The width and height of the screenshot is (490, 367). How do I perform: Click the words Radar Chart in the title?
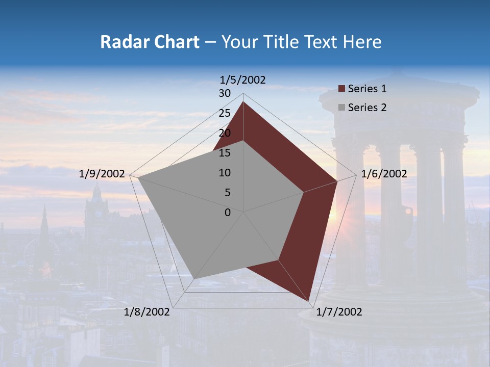[150, 42]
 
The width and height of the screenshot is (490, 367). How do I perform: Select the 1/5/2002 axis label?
[243, 80]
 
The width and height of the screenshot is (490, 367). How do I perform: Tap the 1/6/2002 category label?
[384, 174]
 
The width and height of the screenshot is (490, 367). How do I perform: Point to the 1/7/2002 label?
[339, 312]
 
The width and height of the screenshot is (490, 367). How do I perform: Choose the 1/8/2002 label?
[147, 312]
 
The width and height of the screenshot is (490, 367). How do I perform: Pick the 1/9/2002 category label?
[102, 174]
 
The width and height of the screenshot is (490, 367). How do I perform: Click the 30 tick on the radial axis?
[225, 93]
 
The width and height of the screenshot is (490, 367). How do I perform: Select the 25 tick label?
[225, 113]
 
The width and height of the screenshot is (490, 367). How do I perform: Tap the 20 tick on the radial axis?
[225, 133]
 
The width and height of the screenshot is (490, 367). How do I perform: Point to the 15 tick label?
[225, 153]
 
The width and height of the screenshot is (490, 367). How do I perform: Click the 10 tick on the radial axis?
[225, 173]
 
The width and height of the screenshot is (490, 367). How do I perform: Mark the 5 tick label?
[227, 193]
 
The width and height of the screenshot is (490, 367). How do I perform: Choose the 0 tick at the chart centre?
[228, 213]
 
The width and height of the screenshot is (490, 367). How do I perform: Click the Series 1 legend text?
[367, 89]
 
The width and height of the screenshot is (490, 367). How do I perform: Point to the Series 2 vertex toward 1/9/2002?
[138, 177]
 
